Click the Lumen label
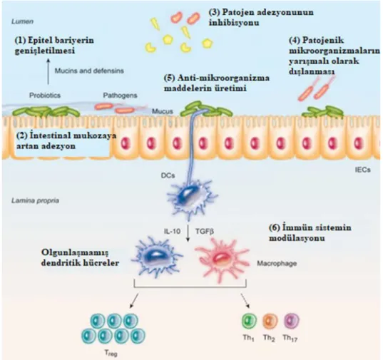click(x=23, y=21)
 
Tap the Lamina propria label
click(x=35, y=200)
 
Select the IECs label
click(x=363, y=170)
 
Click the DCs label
click(x=168, y=175)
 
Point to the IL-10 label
click(x=172, y=231)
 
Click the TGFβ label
click(x=205, y=231)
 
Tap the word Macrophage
click(x=277, y=264)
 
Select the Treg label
click(x=111, y=353)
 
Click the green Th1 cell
click(x=249, y=321)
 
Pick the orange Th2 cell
click(x=270, y=321)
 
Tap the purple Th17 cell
click(x=292, y=320)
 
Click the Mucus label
click(x=163, y=111)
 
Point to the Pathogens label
click(x=120, y=96)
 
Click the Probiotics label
click(x=45, y=96)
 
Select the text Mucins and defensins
click(x=89, y=71)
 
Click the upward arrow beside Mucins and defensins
click(x=48, y=71)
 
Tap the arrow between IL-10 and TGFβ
click(x=188, y=233)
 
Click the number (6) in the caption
click(x=275, y=227)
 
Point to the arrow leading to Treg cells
click(x=134, y=300)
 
